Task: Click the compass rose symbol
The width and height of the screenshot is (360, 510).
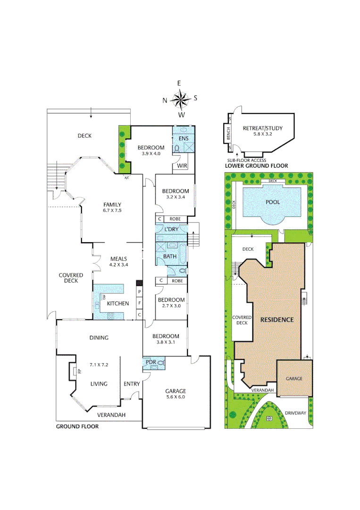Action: point(180,99)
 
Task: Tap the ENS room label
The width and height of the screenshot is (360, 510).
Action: point(184,138)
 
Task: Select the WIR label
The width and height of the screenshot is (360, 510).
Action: point(183,166)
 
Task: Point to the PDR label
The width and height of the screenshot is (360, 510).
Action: point(151,362)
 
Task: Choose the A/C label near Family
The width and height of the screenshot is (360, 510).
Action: point(126,178)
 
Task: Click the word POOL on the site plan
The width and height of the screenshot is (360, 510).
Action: point(273,202)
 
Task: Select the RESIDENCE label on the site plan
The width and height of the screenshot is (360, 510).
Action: point(277,320)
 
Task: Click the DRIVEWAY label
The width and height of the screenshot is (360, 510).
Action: point(296,413)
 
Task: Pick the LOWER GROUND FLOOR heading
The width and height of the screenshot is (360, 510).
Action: point(256,166)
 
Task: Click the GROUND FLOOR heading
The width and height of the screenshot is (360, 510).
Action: point(77,426)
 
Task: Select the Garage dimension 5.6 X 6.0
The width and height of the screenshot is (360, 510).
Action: point(175,398)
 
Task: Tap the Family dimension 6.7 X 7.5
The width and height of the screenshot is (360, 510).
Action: point(112,211)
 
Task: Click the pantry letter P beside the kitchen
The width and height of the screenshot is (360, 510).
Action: point(139,292)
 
